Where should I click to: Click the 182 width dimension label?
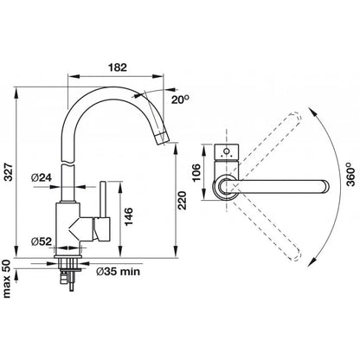(118, 67)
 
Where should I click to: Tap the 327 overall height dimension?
(10, 172)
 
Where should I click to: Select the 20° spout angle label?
(180, 100)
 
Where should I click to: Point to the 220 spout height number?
(183, 200)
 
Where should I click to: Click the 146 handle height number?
(128, 216)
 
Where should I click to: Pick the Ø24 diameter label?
(42, 177)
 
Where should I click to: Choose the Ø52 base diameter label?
(42, 241)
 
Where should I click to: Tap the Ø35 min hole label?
(118, 272)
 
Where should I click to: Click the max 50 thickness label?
(7, 279)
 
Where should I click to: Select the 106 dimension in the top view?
(196, 172)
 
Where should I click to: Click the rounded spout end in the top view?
(325, 186)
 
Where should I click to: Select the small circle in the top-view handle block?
(227, 151)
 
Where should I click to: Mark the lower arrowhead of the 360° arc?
(312, 262)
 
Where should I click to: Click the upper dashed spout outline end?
(295, 118)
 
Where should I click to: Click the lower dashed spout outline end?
(295, 254)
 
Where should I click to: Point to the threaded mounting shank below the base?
(68, 264)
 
